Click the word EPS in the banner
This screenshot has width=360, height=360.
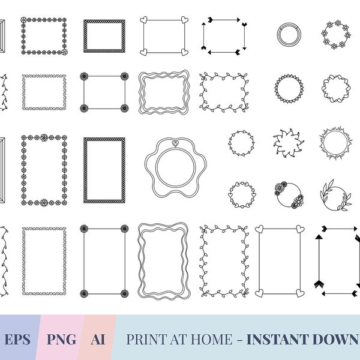pos(17,340)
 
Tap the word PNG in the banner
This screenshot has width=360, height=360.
pos(61,340)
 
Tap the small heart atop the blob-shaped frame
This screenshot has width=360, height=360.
pos(175,143)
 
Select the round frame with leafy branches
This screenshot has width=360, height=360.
pos(335,196)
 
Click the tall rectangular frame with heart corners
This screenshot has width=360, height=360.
pos(279,261)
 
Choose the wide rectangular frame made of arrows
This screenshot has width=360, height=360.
pos(224,34)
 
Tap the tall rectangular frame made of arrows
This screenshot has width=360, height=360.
pos(337,261)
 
